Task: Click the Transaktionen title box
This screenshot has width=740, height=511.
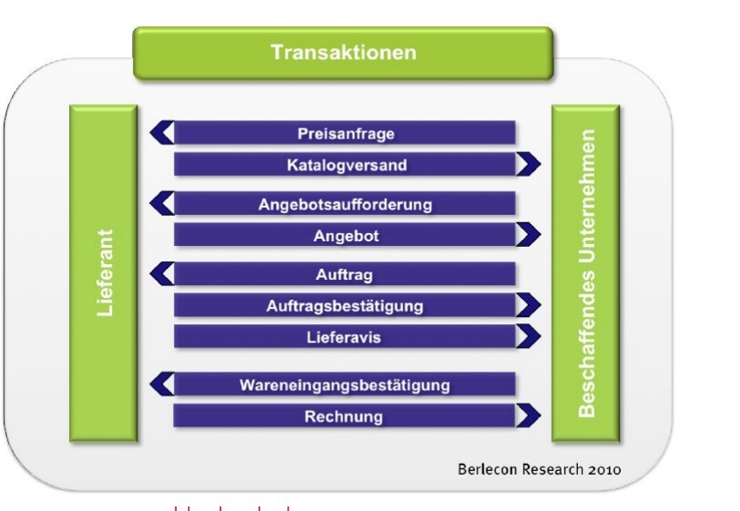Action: pyautogui.click(x=343, y=52)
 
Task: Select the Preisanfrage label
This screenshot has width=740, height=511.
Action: pyautogui.click(x=345, y=134)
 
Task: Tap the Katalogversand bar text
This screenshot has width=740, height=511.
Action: pyautogui.click(x=346, y=165)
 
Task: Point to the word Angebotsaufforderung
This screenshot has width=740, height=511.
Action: pyautogui.click(x=345, y=203)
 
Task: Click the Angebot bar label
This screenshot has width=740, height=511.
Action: pyautogui.click(x=346, y=235)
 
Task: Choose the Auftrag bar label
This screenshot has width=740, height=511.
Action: pyautogui.click(x=344, y=274)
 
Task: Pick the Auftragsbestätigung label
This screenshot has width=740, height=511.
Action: pyautogui.click(x=345, y=305)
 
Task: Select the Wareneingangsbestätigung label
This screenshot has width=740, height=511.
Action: pyautogui.click(x=345, y=384)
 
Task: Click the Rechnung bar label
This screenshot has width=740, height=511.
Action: pyautogui.click(x=344, y=416)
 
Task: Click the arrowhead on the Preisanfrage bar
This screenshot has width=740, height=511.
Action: pyautogui.click(x=161, y=133)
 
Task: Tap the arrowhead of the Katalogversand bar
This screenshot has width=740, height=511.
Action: pyautogui.click(x=528, y=165)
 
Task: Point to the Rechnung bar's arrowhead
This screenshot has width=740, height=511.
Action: pyautogui.click(x=528, y=416)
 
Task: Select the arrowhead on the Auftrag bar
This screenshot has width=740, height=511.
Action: pyautogui.click(x=161, y=273)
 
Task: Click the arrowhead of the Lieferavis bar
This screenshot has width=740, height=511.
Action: pyautogui.click(x=528, y=336)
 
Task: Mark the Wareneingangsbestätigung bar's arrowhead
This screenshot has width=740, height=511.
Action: pyautogui.click(x=161, y=383)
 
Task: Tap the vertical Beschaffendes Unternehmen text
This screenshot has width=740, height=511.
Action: pyautogui.click(x=586, y=273)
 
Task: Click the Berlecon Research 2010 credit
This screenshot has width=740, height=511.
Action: pyautogui.click(x=539, y=469)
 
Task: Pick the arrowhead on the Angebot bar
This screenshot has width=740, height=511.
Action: pyautogui.click(x=528, y=235)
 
